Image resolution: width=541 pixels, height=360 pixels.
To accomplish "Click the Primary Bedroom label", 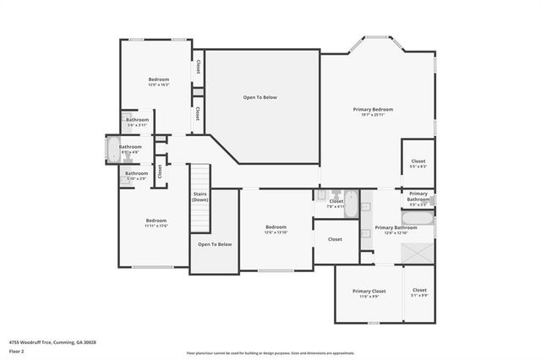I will coord(373,110).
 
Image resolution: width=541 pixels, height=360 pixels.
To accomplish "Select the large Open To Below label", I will coord(260,97).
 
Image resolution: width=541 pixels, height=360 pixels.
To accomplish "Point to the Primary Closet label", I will coord(369,292).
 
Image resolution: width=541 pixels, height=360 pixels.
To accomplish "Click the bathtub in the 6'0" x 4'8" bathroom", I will coord(113,150).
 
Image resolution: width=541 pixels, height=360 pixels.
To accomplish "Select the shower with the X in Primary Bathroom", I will coord(418,253).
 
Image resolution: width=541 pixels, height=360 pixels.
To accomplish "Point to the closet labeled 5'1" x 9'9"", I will coord(419,292).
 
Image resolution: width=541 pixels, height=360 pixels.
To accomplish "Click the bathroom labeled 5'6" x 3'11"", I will coord(138,121).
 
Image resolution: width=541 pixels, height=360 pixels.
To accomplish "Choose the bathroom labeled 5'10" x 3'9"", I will coord(136,174).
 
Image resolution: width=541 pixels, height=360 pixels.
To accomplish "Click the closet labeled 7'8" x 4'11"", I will coord(336,202).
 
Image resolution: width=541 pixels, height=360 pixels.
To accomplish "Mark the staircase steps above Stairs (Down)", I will coord(199,178).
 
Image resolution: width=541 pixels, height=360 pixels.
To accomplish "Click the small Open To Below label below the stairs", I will coord(215,244).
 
